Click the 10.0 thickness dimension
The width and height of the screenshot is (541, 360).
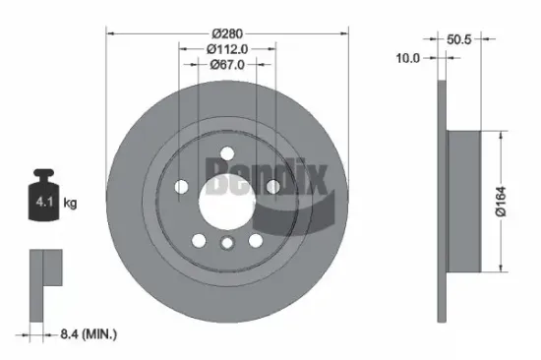click(x=407, y=58)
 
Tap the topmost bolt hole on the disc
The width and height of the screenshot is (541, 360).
click(x=227, y=152)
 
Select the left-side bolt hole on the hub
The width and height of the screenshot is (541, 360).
click(x=182, y=186)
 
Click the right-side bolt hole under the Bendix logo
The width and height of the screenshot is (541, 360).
click(x=272, y=187)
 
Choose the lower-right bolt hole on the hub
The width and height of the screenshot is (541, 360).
click(x=256, y=239)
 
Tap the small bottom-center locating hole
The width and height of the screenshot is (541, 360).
click(x=227, y=246)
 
